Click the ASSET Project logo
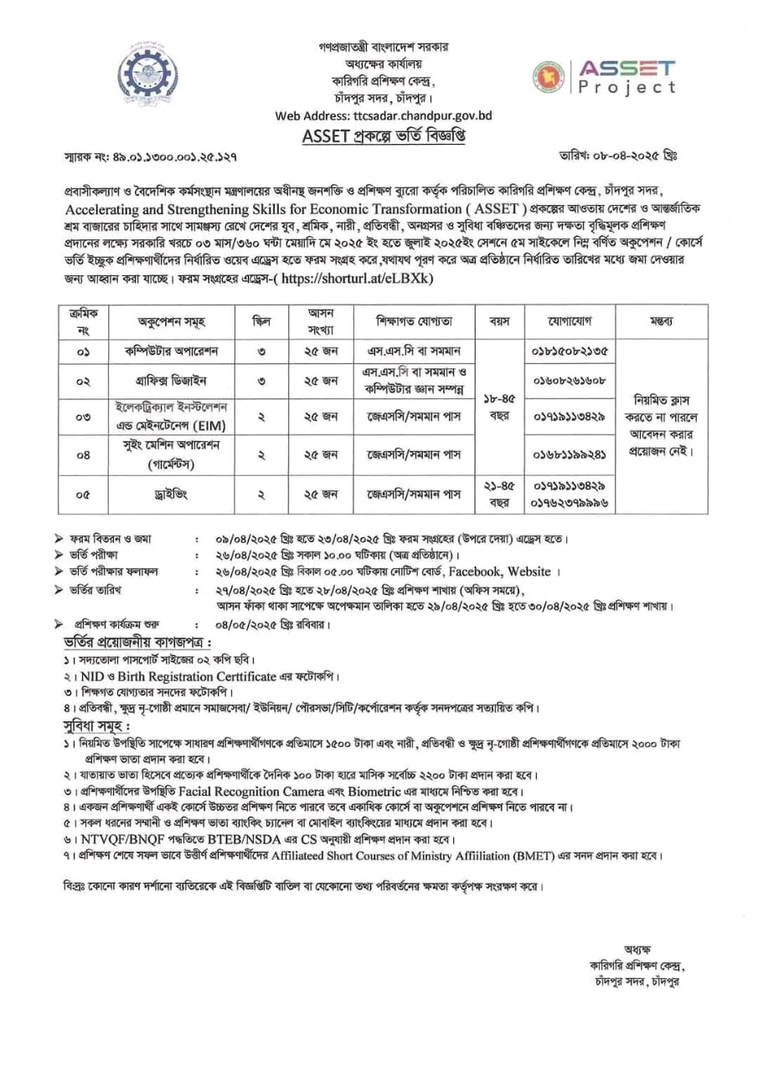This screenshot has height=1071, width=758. (603, 77)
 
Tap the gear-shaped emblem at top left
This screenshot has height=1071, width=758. (147, 74)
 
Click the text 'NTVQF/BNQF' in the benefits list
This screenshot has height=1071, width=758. (117, 838)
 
